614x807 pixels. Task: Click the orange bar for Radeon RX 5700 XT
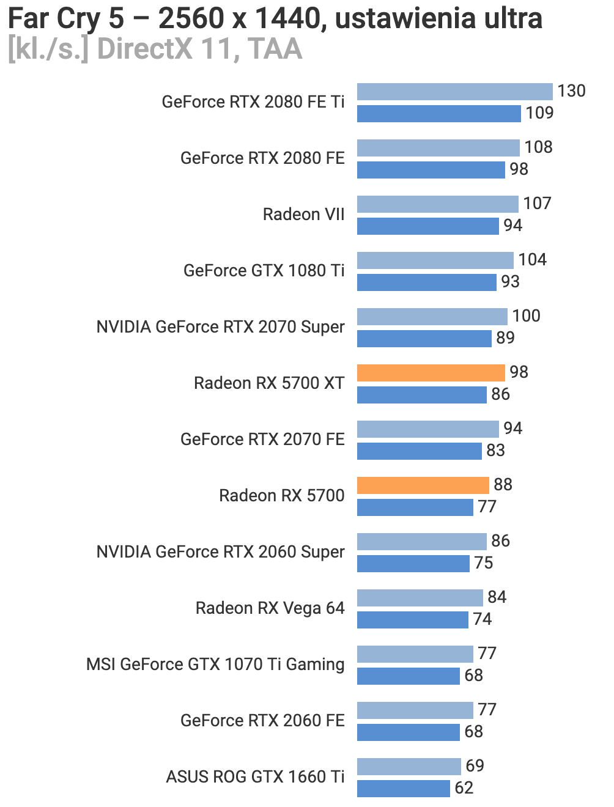(x=431, y=372)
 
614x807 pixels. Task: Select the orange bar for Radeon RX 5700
(x=423, y=485)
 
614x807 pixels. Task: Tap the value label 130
(x=571, y=91)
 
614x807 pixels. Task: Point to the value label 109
(x=539, y=113)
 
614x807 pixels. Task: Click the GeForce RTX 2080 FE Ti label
(x=253, y=102)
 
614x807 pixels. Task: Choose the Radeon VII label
(x=303, y=215)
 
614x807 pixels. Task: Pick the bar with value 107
(x=438, y=204)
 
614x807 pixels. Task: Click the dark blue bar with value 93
(x=427, y=282)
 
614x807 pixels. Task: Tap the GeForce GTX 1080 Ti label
(x=264, y=271)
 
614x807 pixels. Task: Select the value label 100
(x=526, y=316)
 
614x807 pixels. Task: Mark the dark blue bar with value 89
(x=424, y=338)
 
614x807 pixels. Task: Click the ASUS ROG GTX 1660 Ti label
(x=255, y=777)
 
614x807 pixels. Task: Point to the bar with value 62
(x=404, y=788)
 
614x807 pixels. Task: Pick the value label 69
(x=475, y=766)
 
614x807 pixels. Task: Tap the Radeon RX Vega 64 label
(x=270, y=608)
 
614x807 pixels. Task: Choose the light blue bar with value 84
(x=420, y=597)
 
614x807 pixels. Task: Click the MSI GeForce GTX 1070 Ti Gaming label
(x=215, y=665)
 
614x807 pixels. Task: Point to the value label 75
(x=483, y=563)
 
